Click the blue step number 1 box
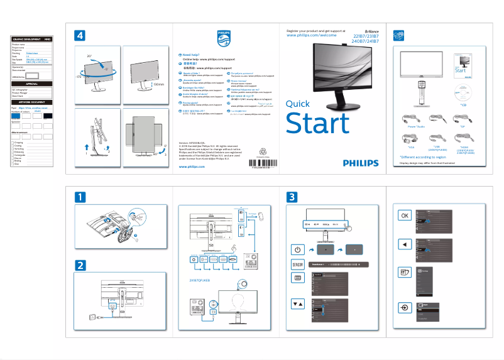[80, 197]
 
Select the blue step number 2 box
[80, 265]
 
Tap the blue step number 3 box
[291, 197]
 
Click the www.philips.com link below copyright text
[191, 168]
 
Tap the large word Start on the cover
[317, 123]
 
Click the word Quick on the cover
[297, 104]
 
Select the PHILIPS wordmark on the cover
[361, 162]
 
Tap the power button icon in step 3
[298, 249]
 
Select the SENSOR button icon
[298, 264]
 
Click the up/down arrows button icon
[298, 303]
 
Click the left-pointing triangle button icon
[405, 244]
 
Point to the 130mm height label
[158, 83]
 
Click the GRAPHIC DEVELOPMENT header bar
[31, 39]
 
